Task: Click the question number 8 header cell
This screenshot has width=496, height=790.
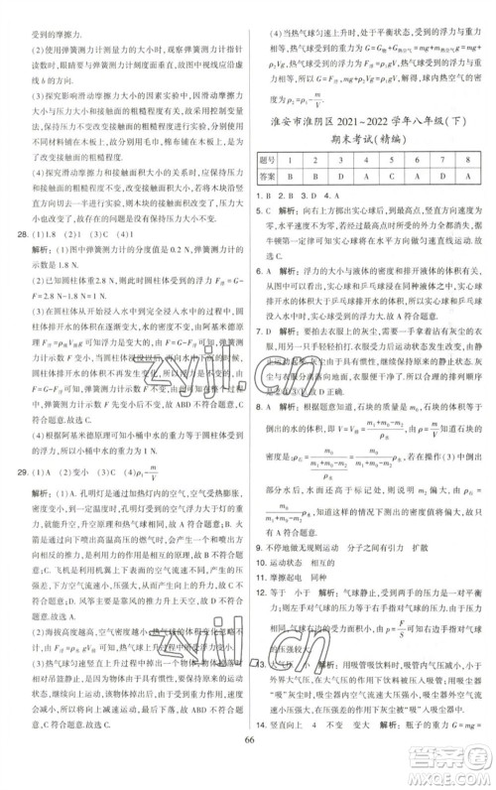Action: [473, 187]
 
